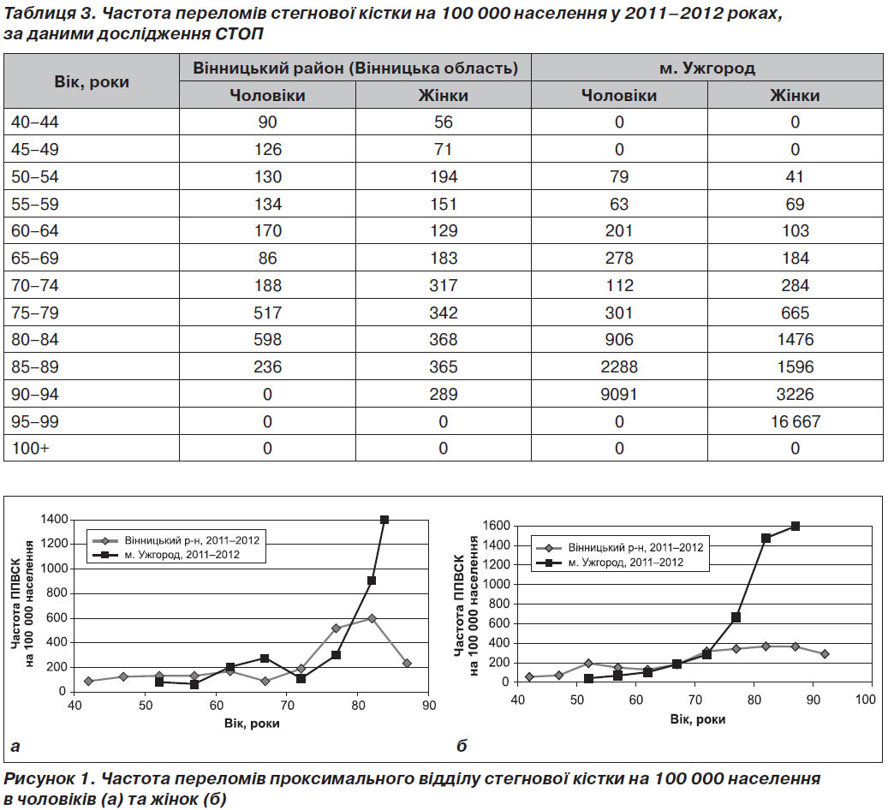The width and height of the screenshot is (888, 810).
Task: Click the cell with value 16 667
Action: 796,421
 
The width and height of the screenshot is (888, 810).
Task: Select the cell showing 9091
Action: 619,394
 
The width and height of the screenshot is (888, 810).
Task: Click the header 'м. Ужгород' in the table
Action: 707,68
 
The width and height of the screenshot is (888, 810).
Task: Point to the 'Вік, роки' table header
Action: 92,81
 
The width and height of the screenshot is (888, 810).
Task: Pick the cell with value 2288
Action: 619,367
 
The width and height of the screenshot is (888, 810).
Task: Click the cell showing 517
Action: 267,313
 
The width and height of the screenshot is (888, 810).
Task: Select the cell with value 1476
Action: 796,340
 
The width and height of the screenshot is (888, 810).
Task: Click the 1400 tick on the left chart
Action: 54,520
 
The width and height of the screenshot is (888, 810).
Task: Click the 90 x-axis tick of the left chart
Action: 429,706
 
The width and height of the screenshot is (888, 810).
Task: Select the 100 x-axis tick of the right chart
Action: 866,699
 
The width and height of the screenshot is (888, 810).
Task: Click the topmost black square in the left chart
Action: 384,520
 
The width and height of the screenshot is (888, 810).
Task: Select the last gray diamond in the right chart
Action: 825,654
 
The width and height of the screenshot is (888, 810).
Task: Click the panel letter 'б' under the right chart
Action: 462,746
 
